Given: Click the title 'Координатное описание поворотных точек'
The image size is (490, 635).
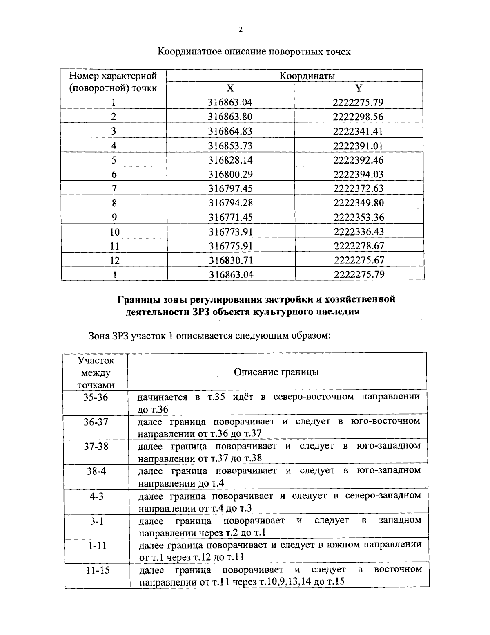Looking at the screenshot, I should pos(254,52).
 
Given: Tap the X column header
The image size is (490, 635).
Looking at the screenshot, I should pos(230,88).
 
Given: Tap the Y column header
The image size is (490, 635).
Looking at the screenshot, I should pos(359,88).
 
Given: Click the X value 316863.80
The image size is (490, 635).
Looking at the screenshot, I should pos(230,117).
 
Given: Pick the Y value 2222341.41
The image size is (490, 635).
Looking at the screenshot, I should pos(359,131).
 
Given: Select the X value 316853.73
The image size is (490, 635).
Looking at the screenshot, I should pos(230,146).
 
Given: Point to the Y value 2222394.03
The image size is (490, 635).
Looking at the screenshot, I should pos(359,174).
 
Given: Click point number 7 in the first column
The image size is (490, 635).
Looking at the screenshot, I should pos(114,188).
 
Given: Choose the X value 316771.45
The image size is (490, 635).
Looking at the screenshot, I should pos(231,217).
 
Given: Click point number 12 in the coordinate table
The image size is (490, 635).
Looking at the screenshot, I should pos(114,260).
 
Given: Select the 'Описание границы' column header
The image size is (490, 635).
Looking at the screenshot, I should pos(276,372).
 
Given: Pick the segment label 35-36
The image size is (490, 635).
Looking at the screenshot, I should pos(96,397).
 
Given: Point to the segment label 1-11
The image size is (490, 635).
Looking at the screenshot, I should pos(96,545).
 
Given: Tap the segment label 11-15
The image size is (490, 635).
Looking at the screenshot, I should pos(98,570).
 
